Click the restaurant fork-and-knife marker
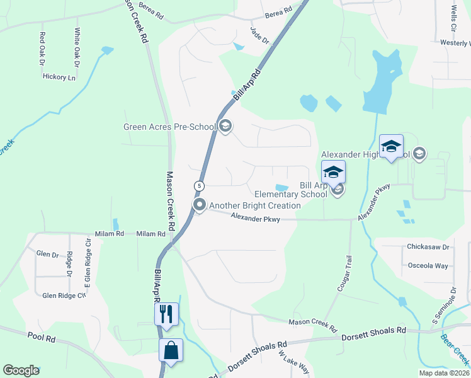pyautogui.click(x=166, y=313)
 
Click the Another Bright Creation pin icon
pyautogui.click(x=200, y=205)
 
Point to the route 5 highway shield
pyautogui.click(x=199, y=186)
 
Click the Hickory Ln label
pyautogui.click(x=59, y=77)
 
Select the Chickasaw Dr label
pyautogui.click(x=428, y=247)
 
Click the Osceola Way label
pyautogui.click(x=428, y=265)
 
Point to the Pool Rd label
pyautogui.click(x=42, y=338)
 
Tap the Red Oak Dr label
pyautogui.click(x=42, y=49)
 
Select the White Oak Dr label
pyautogui.click(x=77, y=47)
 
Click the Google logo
pyautogui.click(x=21, y=370)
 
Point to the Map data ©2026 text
pyautogui.click(x=443, y=373)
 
